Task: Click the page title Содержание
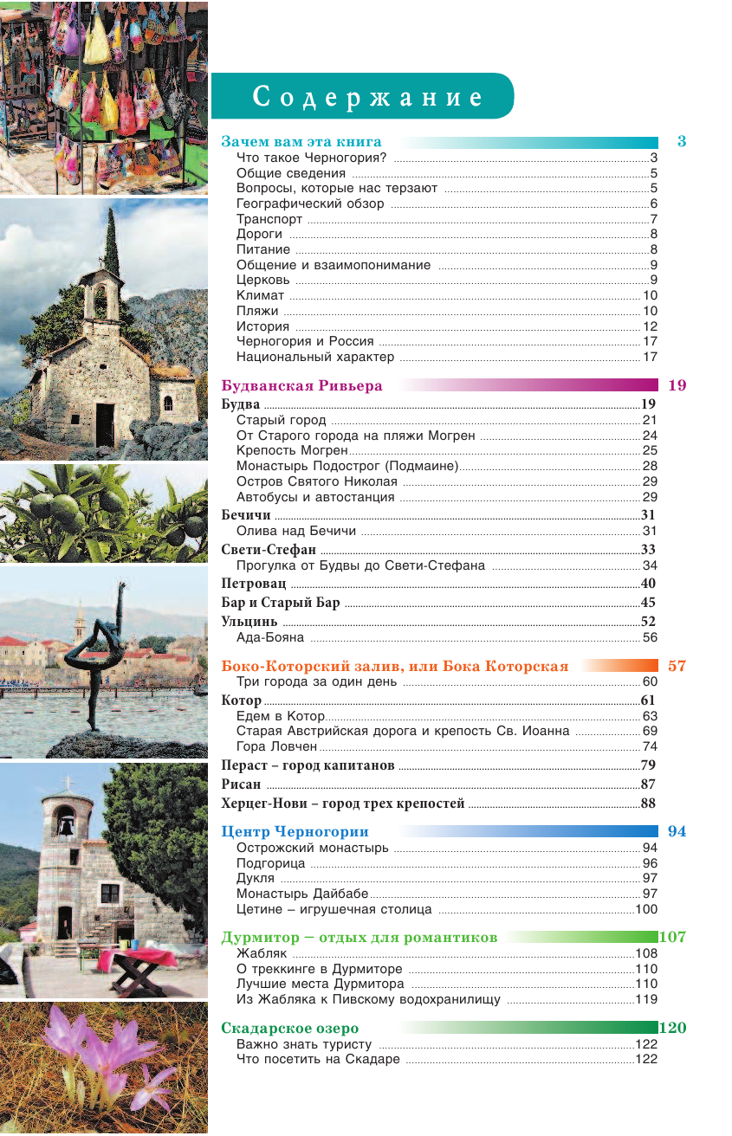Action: tap(367, 97)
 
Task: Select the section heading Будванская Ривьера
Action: tap(301, 386)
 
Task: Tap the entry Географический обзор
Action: tap(309, 204)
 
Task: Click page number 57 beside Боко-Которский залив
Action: tap(677, 667)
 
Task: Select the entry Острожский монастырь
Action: tap(312, 848)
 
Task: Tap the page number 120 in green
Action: tap(673, 1029)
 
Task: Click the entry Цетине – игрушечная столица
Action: tap(334, 909)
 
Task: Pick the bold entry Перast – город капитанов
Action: tap(308, 765)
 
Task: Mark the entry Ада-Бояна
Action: tap(270, 638)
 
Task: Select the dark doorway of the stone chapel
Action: tap(104, 424)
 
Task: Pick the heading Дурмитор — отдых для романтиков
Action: tap(359, 938)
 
